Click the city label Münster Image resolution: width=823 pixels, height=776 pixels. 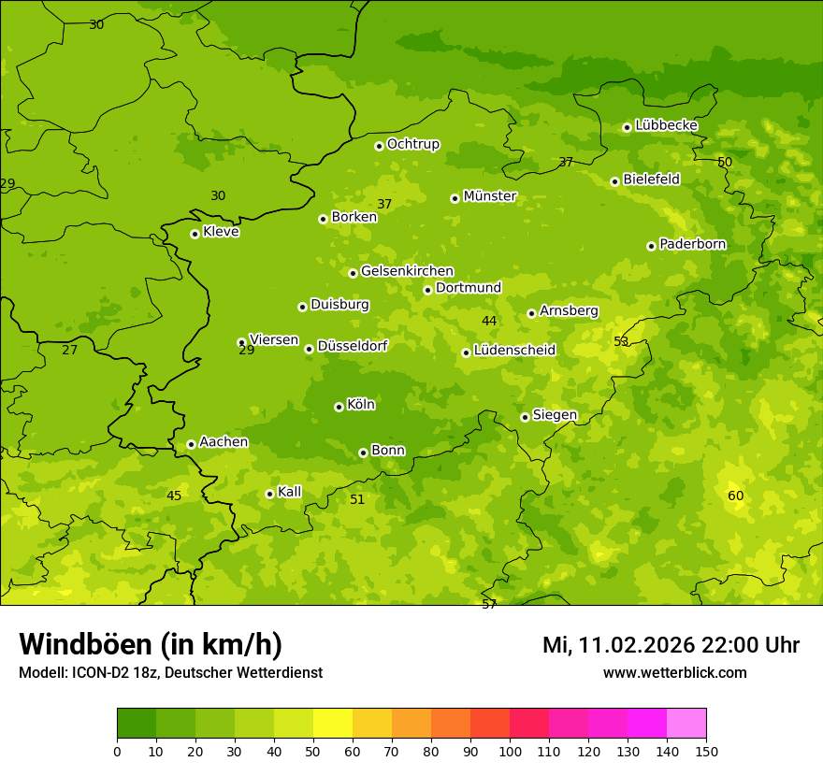(489, 196)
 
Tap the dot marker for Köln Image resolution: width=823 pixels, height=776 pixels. (339, 407)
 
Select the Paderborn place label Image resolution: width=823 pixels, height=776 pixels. (692, 244)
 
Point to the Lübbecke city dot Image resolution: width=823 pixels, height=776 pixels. (627, 127)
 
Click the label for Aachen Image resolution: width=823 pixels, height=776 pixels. (224, 442)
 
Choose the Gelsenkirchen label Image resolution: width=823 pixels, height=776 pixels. (407, 271)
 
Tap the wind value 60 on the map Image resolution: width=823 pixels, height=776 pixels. (736, 496)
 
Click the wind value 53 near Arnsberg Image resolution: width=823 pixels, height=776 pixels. (621, 341)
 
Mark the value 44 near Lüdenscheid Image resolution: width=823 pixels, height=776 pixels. (489, 321)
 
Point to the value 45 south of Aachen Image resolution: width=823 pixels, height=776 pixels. (174, 496)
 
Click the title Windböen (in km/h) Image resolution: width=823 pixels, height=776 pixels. (151, 644)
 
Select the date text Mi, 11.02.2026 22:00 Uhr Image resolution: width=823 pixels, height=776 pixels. (671, 645)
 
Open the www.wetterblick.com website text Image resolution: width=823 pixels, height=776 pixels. (674, 673)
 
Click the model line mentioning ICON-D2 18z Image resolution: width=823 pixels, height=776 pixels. (170, 673)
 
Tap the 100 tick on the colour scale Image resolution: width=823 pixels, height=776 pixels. (510, 751)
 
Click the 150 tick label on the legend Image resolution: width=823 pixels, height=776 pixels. (706, 751)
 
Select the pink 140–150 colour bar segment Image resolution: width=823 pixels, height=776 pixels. (686, 724)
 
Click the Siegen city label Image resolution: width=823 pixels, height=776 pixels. (555, 415)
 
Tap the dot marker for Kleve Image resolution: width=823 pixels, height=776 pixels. (195, 234)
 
